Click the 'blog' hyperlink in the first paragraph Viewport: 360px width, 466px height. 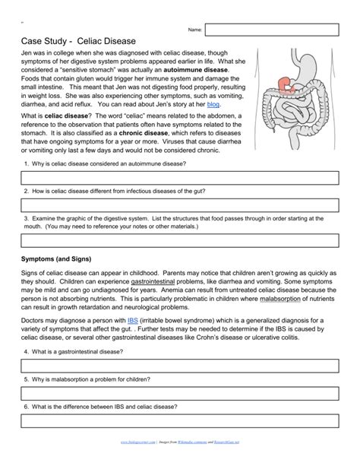213,104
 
